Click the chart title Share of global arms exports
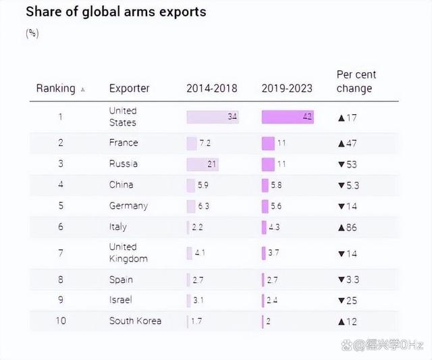pyautogui.click(x=115, y=12)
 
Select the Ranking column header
pyautogui.click(x=55, y=88)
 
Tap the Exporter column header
pyautogui.click(x=129, y=88)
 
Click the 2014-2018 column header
pyautogui.click(x=212, y=88)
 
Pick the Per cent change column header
pyautogui.click(x=356, y=82)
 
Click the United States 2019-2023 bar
pyautogui.click(x=288, y=117)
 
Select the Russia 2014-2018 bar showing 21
pyautogui.click(x=203, y=164)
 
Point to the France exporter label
pyautogui.click(x=124, y=143)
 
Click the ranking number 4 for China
pyautogui.click(x=60, y=185)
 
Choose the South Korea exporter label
pyautogui.click(x=135, y=321)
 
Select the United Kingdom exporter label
pyautogui.click(x=128, y=253)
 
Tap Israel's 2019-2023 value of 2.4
pyautogui.click(x=272, y=300)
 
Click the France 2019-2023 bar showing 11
pyautogui.click(x=268, y=143)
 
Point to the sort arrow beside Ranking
pyautogui.click(x=82, y=89)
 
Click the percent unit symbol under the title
pyautogui.click(x=32, y=33)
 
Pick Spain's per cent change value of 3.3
pyautogui.click(x=350, y=280)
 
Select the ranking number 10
pyautogui.click(x=60, y=321)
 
